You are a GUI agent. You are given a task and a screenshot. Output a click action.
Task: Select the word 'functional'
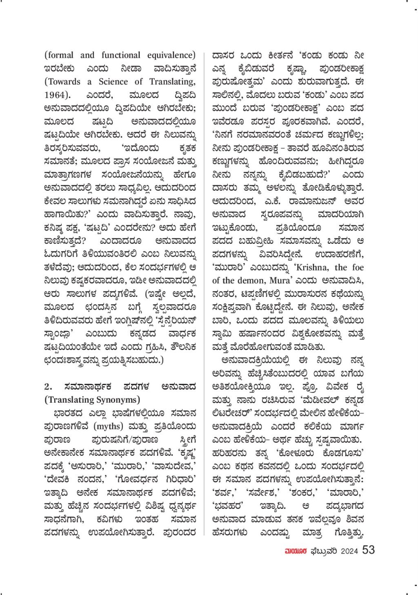pyautogui.click(x=121, y=55)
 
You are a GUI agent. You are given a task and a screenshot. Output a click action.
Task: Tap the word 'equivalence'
pyautogui.click(x=171, y=55)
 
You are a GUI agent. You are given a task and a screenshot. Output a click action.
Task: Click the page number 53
pyautogui.click(x=368, y=550)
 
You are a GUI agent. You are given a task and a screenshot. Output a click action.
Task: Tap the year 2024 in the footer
pyautogui.click(x=349, y=551)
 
